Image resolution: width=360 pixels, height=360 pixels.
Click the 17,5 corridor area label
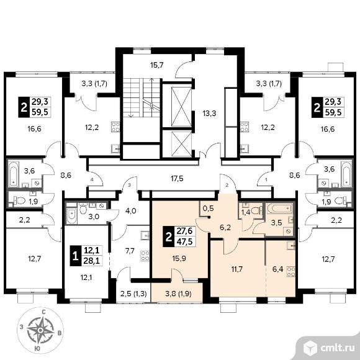point(178,179)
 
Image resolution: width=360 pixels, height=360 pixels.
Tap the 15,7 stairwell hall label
point(157,65)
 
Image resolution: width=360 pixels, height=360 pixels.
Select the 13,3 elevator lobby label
point(209,113)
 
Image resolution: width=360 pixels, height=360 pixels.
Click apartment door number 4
point(92,180)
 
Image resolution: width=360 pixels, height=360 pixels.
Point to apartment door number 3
point(129,185)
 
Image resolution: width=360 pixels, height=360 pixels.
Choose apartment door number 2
point(227,185)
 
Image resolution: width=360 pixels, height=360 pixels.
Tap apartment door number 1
point(266,180)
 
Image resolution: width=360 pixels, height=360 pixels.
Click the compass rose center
point(40,330)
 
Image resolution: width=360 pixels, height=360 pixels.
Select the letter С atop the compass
point(43,312)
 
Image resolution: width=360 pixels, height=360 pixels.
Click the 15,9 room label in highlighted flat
point(179,259)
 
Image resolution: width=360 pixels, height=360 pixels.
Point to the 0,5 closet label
point(209,208)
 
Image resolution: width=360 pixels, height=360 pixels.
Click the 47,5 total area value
point(184,241)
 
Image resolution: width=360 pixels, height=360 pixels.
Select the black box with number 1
point(76,256)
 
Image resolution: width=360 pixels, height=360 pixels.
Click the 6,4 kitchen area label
point(278,269)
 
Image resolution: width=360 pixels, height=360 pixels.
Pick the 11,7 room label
point(236,269)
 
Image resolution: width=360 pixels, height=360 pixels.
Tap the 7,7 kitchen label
point(130,251)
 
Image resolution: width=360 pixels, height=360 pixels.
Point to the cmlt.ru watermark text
point(337,348)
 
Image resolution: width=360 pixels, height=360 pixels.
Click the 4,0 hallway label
point(131,211)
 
